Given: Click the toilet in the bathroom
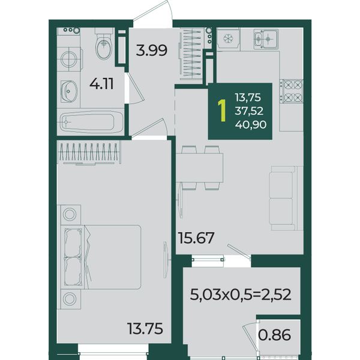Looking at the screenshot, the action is click(x=104, y=44).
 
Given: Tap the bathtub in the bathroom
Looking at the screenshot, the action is click(x=92, y=122).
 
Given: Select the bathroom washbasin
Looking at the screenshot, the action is click(x=69, y=91).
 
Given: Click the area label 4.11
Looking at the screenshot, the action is click(x=101, y=84).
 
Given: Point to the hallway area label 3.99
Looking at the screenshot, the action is click(x=152, y=50).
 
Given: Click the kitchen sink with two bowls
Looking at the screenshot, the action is click(x=266, y=39).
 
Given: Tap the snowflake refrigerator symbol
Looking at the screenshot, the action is click(x=228, y=38).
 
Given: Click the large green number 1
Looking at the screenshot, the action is click(x=222, y=110).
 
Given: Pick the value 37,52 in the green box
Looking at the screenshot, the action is click(x=249, y=111).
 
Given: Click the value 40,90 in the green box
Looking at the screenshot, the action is click(x=251, y=125).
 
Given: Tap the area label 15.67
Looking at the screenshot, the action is click(x=196, y=238).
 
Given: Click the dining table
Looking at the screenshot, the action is click(x=199, y=168).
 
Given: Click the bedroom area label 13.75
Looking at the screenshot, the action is click(x=145, y=329).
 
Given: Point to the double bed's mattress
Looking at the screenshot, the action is click(x=113, y=257).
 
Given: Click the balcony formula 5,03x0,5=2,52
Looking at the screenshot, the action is click(x=241, y=295).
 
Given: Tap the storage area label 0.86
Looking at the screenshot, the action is click(x=275, y=335).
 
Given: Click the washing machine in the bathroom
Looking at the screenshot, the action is click(x=70, y=59).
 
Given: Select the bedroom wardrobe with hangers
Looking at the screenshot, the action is click(x=89, y=152).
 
